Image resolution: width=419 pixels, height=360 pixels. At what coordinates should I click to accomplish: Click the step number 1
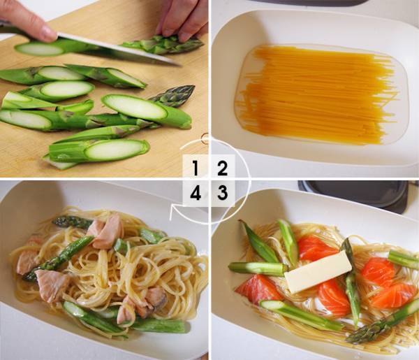196,168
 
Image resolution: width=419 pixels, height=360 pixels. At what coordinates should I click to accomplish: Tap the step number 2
222,168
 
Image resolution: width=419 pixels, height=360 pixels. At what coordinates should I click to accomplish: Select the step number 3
222,192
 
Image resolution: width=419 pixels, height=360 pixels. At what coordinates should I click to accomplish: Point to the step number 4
196,192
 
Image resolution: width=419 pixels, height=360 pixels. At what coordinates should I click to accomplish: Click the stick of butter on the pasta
318,272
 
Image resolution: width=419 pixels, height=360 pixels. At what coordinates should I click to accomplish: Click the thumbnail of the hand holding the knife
48,32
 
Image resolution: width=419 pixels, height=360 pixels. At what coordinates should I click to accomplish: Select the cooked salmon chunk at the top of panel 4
105,232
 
